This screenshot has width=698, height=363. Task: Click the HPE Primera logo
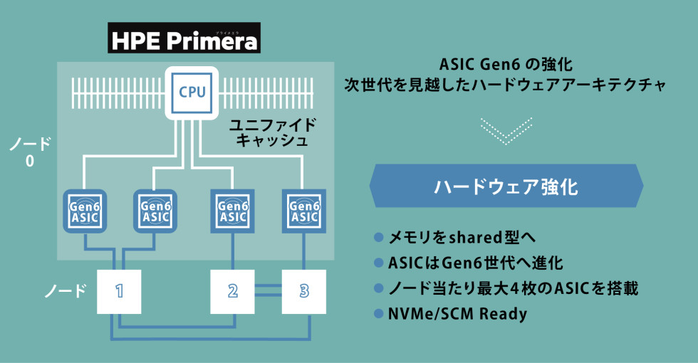[184, 39]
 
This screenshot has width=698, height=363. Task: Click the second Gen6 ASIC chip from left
[155, 209]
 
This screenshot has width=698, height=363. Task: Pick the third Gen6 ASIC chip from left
[233, 209]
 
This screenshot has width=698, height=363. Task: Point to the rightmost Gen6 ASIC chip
[304, 209]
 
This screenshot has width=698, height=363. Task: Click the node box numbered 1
[120, 290]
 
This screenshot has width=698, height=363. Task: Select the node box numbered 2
[233, 290]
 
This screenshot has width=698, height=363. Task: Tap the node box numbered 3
[304, 290]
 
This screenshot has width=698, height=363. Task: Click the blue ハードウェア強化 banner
[506, 186]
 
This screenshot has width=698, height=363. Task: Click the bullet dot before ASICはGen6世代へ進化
[378, 263]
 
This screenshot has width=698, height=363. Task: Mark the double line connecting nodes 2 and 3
[269, 290]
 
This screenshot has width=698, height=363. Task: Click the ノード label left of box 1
[66, 290]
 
